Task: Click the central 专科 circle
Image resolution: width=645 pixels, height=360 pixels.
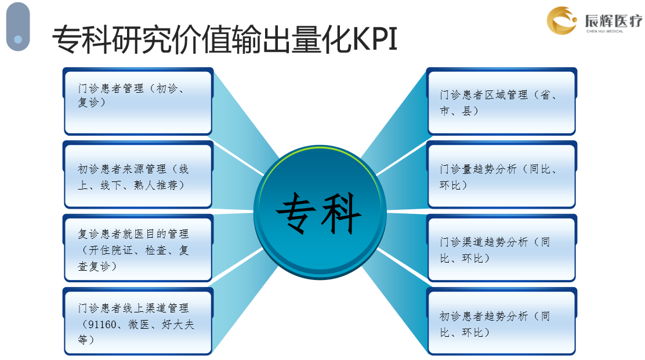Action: [x=320, y=212]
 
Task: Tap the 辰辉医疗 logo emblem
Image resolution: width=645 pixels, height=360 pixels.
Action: [x=561, y=20]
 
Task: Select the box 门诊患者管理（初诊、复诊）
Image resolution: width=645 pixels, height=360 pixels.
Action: [x=138, y=101]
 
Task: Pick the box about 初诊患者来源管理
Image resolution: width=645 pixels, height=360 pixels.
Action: [x=138, y=175]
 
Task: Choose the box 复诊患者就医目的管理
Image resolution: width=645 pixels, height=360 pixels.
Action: [x=138, y=248]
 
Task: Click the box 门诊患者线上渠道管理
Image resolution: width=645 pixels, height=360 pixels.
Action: [x=138, y=321]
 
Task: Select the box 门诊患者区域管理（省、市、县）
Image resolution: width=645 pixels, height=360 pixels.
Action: [x=501, y=101]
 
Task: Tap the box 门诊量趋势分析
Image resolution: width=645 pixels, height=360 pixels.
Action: [x=501, y=175]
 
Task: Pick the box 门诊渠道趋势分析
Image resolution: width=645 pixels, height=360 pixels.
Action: [x=501, y=248]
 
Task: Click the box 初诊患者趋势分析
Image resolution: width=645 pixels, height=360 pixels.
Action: [x=501, y=321]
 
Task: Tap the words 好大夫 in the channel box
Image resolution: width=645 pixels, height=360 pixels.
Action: [x=177, y=324]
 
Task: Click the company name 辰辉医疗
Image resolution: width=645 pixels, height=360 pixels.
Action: [x=613, y=20]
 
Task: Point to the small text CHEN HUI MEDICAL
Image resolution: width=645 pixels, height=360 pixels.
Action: [x=604, y=31]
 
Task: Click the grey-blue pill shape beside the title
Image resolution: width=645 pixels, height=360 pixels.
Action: [x=18, y=27]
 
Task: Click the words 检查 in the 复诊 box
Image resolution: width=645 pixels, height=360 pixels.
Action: [x=156, y=250]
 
